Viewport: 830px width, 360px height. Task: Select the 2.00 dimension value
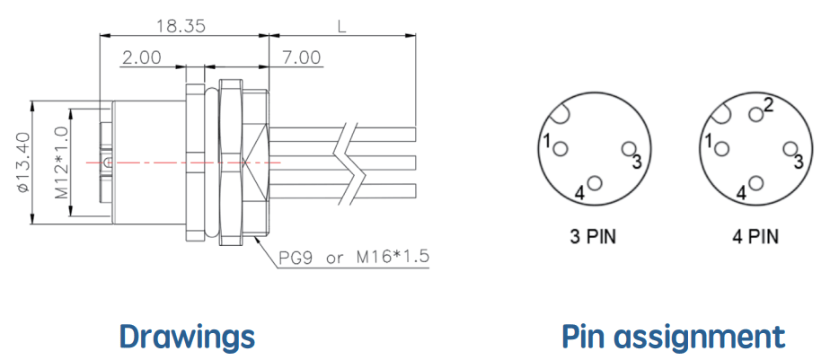click(x=141, y=57)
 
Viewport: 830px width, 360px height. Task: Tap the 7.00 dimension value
click(x=302, y=57)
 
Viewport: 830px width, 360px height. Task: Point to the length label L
click(x=342, y=25)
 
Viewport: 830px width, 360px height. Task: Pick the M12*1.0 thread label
click(x=61, y=162)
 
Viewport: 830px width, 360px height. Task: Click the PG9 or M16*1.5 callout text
click(x=354, y=258)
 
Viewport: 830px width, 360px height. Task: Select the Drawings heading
click(x=187, y=337)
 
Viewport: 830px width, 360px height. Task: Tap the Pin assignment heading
click(x=674, y=337)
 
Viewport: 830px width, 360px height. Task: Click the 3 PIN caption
click(x=594, y=237)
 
